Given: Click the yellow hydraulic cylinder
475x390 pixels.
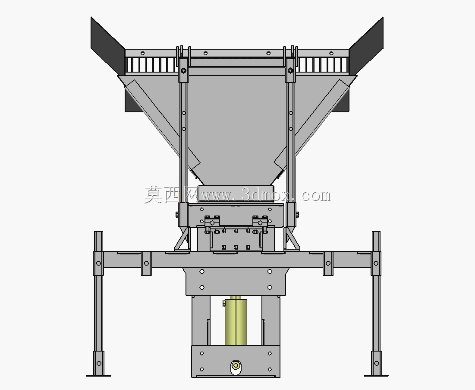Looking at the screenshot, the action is [236, 322].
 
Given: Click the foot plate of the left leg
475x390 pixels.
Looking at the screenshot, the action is [98, 375].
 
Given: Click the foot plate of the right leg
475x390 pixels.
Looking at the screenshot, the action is [376, 375].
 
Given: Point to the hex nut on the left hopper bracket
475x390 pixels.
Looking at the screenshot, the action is [183, 71].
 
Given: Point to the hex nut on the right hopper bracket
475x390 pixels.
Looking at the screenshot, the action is [290, 71].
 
